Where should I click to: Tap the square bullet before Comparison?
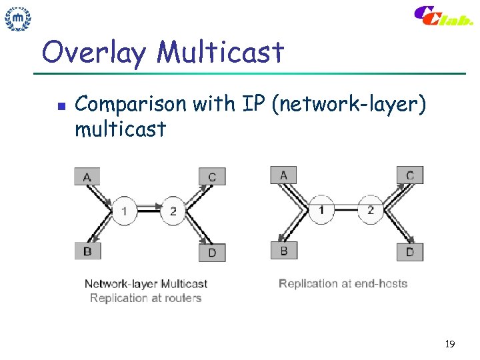(x=60, y=105)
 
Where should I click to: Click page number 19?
(x=449, y=344)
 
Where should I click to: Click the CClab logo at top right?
(x=443, y=17)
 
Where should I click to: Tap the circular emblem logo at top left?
(x=19, y=19)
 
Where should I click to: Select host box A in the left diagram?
(x=87, y=176)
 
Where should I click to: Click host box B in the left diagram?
(x=87, y=251)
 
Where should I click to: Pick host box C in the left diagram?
(x=212, y=176)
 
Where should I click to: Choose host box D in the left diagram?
(x=212, y=253)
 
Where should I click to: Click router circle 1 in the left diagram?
(x=124, y=211)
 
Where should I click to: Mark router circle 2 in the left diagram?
(x=173, y=211)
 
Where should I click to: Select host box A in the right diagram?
(x=283, y=175)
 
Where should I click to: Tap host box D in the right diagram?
(x=410, y=251)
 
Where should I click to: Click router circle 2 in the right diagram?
(x=371, y=210)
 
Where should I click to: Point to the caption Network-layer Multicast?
(x=146, y=284)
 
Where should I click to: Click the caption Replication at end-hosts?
(x=343, y=283)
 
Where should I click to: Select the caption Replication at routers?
(x=145, y=298)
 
